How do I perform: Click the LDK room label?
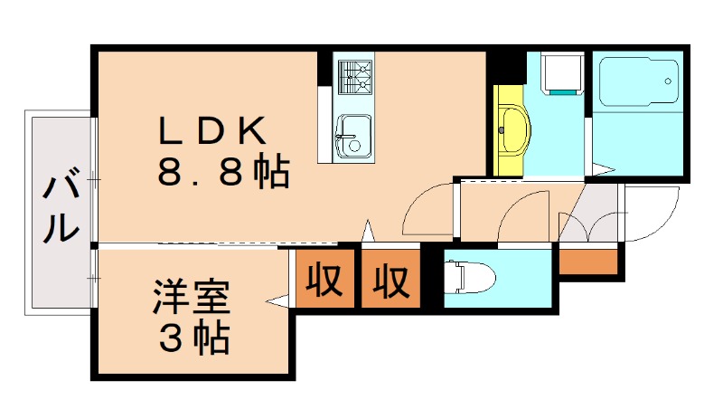click(212, 130)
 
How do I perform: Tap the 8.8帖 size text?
click(223, 172)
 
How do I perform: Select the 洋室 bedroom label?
click(192, 297)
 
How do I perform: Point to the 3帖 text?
click(194, 338)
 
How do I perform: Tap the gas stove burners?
click(355, 77)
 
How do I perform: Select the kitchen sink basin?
click(353, 137)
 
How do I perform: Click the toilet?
click(469, 277)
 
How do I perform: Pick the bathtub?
click(639, 81)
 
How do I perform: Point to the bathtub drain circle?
click(668, 81)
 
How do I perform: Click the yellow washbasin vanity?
click(512, 129)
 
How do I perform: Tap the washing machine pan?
click(562, 74)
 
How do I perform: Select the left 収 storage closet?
click(325, 279)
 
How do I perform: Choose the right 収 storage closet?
click(391, 279)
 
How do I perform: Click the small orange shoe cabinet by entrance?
click(588, 262)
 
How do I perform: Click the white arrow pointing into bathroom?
click(604, 170)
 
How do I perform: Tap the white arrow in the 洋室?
click(277, 300)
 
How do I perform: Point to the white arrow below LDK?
click(368, 231)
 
